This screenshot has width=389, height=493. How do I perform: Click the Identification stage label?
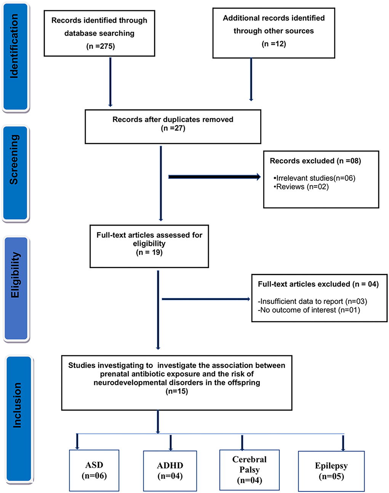pos(14,46)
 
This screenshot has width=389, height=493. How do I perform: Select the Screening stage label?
pos(14,160)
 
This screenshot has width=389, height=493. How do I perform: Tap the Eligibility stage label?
pos(15,275)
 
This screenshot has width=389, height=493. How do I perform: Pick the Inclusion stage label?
pos(17,406)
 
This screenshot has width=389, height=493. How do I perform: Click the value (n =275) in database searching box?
pos(99,46)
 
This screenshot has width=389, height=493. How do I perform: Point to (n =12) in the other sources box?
pos(274,44)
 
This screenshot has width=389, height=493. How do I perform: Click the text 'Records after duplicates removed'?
pos(173,119)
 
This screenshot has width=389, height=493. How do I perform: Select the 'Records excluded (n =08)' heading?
pos(315,161)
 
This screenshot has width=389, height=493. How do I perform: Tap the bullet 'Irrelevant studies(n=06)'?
pos(315,178)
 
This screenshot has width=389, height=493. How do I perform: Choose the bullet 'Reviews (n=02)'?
pos(301,187)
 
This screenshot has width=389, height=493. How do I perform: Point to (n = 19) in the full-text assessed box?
pos(149,252)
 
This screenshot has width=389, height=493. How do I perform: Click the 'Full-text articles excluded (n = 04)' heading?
pos(318,284)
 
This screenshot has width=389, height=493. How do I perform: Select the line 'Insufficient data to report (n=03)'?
pos(312,301)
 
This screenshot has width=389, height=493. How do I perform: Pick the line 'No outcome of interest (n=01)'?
pos(309,310)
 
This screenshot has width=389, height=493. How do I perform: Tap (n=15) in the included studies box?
pos(177,391)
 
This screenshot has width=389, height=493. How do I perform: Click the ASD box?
pos(94,471)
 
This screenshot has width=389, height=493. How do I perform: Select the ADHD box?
pos(170,471)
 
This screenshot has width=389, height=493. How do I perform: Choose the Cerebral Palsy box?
pos(250,470)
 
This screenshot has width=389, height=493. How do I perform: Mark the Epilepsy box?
pos(331,471)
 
